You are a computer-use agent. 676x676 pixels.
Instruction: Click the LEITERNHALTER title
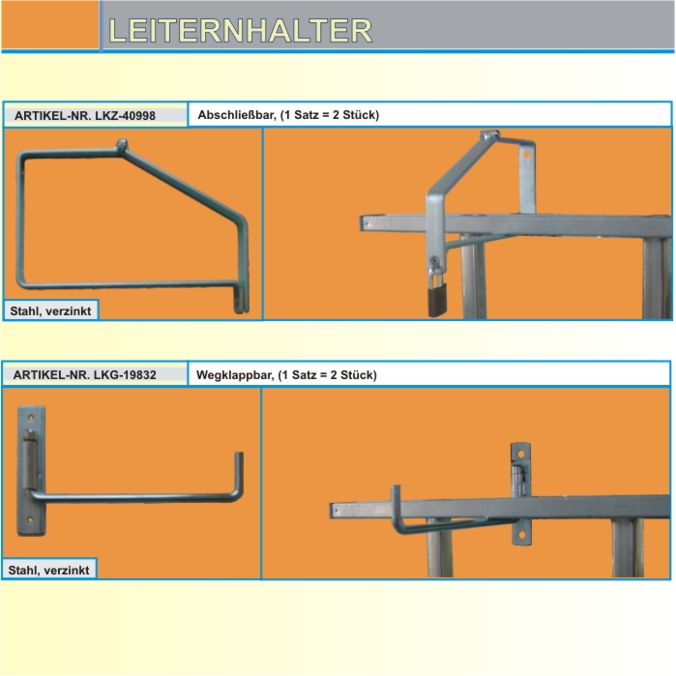pyautogui.click(x=240, y=31)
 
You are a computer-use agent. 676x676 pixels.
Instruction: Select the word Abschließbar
pyautogui.click(x=237, y=115)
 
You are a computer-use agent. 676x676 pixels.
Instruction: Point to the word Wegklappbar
pyautogui.click(x=235, y=374)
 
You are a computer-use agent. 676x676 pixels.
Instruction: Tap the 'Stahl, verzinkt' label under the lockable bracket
pyautogui.click(x=50, y=310)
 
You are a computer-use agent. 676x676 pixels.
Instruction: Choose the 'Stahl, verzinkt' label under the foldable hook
pyautogui.click(x=48, y=570)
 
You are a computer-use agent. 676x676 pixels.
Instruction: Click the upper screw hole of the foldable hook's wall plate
pyautogui.click(x=31, y=418)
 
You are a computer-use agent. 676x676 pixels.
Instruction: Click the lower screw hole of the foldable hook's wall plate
pyautogui.click(x=30, y=520)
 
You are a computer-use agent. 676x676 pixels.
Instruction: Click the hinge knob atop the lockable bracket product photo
pyautogui.click(x=122, y=145)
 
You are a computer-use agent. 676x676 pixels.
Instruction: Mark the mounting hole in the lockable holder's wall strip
pyautogui.click(x=526, y=153)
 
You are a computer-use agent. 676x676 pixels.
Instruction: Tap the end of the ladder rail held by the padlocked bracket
pyautogui.click(x=364, y=223)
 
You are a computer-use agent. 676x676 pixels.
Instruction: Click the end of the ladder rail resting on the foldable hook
pyautogui.click(x=334, y=511)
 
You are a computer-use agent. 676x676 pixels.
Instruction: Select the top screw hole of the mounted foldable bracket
pyautogui.click(x=521, y=455)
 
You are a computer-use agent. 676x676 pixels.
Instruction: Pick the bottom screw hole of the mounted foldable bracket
pyautogui.click(x=521, y=535)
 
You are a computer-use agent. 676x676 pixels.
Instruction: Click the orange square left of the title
pyautogui.click(x=50, y=24)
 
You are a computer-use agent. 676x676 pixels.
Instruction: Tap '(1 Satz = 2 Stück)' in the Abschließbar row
pyautogui.click(x=330, y=115)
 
